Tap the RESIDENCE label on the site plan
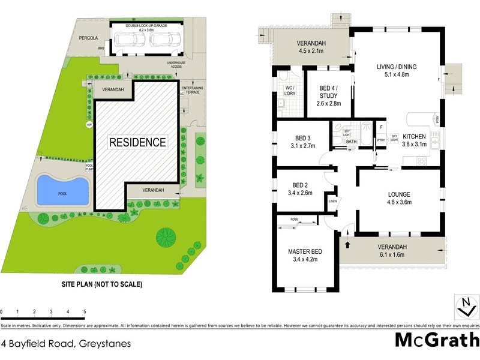(x=137, y=142)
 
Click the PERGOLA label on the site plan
(x=88, y=38)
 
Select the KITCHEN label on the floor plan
(x=414, y=136)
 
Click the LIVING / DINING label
(x=397, y=67)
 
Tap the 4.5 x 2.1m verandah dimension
(x=311, y=51)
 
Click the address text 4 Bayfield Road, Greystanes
(x=66, y=344)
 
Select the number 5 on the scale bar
(x=85, y=312)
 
